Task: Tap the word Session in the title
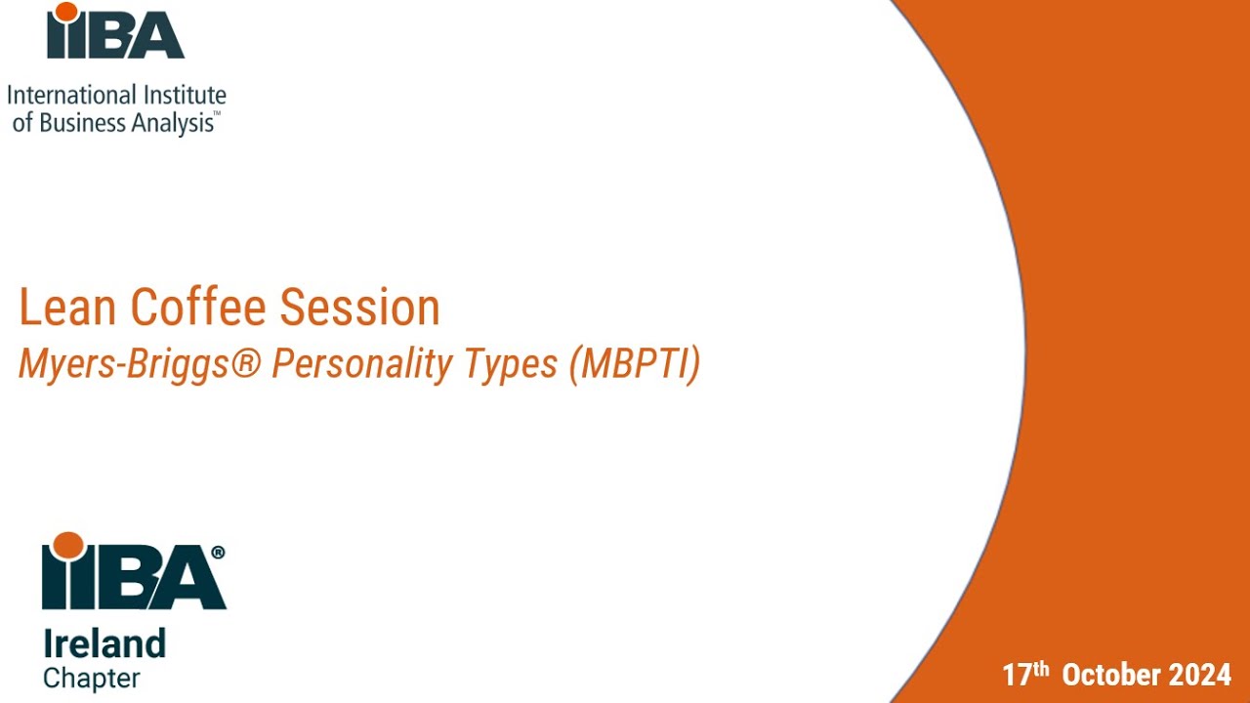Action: click(x=359, y=308)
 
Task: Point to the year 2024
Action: click(x=1203, y=675)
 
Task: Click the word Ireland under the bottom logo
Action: click(x=104, y=644)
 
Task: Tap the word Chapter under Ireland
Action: click(x=92, y=678)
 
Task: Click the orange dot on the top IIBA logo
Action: click(x=66, y=12)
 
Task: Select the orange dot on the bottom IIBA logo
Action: click(x=67, y=545)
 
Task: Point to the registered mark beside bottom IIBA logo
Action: click(x=218, y=552)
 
